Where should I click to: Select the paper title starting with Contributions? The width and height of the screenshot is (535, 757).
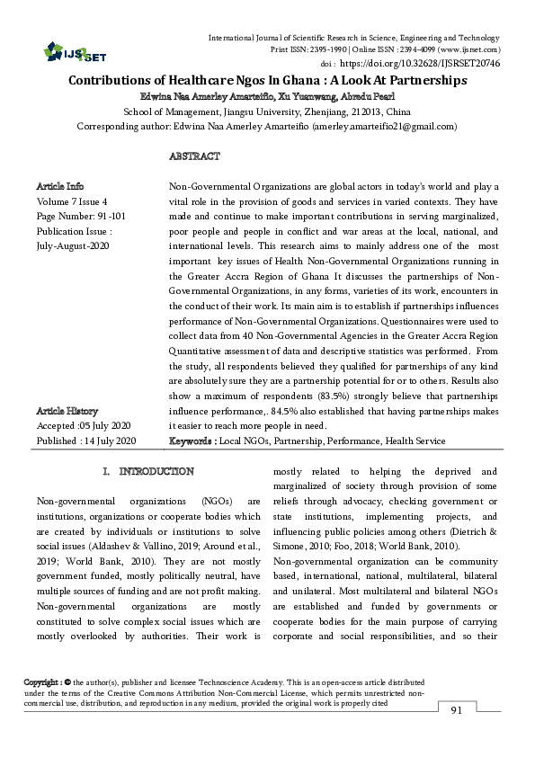[x=267, y=80]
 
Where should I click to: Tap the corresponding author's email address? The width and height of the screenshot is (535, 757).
[x=385, y=127]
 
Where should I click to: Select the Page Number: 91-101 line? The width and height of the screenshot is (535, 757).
[x=75, y=216]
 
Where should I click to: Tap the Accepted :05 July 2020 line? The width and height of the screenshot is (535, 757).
[x=84, y=425]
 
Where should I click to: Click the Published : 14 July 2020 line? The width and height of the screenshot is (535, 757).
[x=85, y=441]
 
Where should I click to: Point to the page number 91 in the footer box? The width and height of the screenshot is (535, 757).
[x=455, y=711]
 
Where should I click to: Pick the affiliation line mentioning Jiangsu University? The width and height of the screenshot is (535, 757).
[x=267, y=111]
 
